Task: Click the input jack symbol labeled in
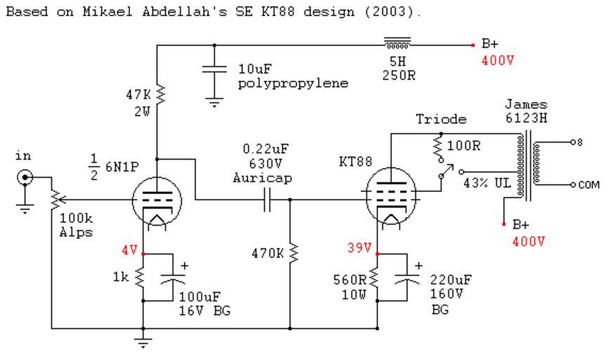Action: point(26,178)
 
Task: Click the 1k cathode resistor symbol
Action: point(143,277)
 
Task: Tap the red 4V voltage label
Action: point(129,249)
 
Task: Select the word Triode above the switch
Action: point(436,120)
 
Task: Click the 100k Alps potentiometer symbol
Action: point(53,198)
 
